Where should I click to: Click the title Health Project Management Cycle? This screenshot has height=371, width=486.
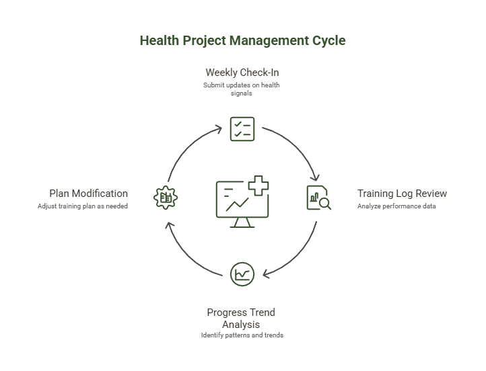[242, 40]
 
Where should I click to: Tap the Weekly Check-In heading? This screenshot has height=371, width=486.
[242, 72]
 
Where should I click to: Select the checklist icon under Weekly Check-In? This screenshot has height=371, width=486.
[242, 128]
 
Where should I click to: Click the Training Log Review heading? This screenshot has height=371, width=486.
[402, 194]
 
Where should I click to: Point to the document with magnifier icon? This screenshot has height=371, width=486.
[318, 198]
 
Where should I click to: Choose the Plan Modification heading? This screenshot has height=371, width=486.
[88, 194]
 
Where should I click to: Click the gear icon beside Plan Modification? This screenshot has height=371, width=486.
[165, 197]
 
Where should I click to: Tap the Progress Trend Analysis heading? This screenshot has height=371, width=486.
[241, 318]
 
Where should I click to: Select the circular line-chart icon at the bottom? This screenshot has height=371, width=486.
[242, 274]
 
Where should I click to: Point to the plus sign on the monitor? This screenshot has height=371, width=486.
[257, 185]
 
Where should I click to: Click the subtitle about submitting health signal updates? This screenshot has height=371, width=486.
[242, 89]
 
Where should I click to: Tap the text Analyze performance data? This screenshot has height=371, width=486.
[396, 206]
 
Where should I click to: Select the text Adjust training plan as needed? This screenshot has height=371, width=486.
[82, 206]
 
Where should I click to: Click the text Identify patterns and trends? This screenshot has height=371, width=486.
[242, 335]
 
